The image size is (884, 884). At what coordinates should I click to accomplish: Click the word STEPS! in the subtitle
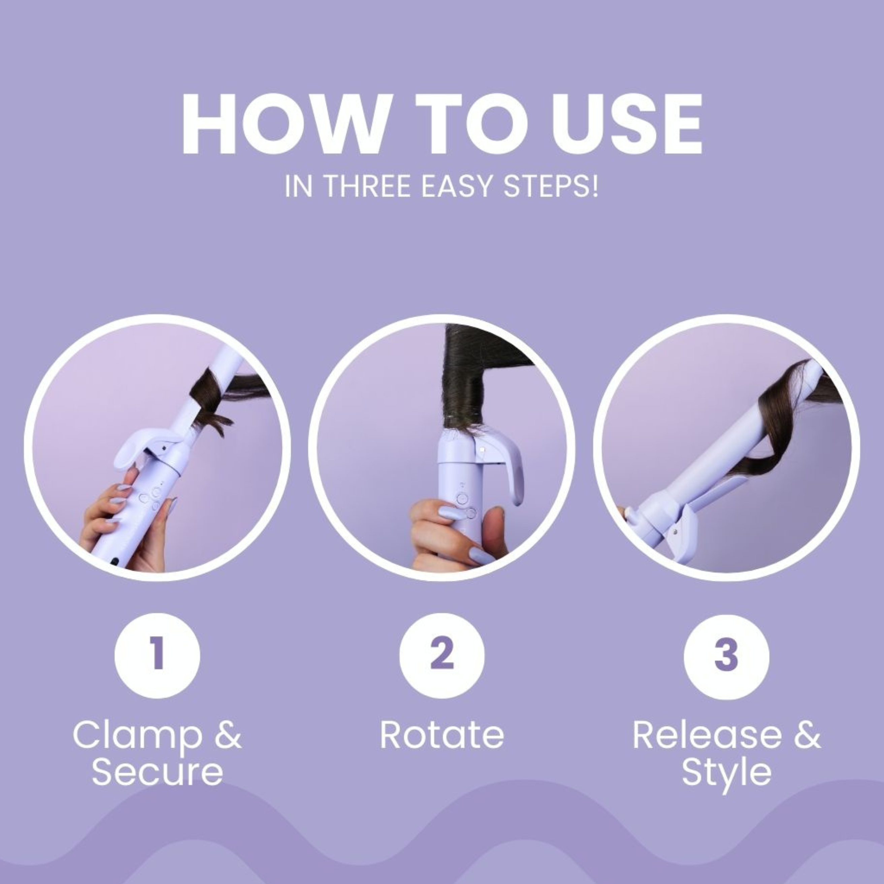(551, 186)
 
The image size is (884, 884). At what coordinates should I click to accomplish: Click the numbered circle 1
(157, 655)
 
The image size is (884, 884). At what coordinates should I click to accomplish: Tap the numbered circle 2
(442, 655)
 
